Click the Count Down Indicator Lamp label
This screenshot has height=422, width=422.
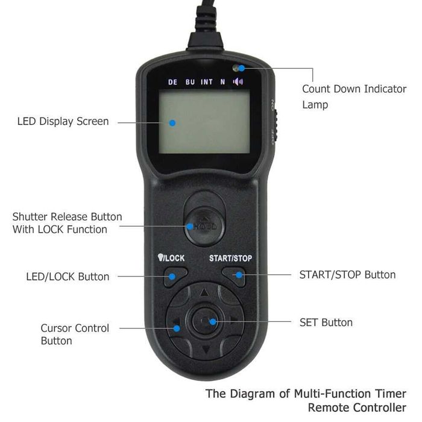tap(354, 96)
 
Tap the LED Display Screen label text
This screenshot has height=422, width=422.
tap(63, 121)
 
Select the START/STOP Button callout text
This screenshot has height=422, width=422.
tap(347, 275)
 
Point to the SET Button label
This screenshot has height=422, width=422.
tap(326, 323)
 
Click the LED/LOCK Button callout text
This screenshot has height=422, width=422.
tap(68, 277)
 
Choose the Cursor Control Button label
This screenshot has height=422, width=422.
tap(75, 335)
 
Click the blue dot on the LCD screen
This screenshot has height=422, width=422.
tap(172, 122)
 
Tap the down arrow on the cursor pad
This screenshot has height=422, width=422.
tap(205, 350)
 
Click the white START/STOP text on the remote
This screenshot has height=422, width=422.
tap(230, 258)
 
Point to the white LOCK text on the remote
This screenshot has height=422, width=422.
tap(174, 258)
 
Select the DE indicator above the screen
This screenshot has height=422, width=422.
tap(173, 82)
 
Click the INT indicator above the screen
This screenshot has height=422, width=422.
tap(207, 82)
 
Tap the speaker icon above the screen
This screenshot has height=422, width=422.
tap(238, 82)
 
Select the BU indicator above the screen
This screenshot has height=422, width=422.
tap(190, 82)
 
